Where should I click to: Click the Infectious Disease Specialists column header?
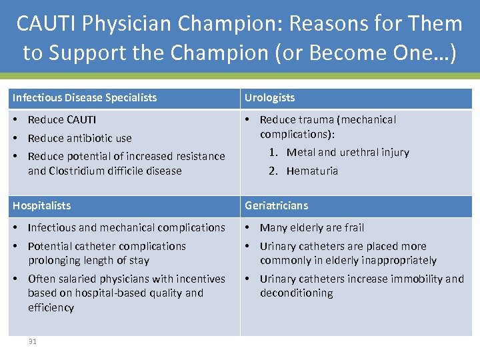tap(85, 98)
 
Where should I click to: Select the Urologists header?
tap(269, 98)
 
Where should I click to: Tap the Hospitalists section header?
tap(41, 206)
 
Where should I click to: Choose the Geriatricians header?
tap(276, 206)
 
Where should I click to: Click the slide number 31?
tap(32, 341)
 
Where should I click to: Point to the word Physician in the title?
tap(136, 24)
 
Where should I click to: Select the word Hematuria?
tap(312, 171)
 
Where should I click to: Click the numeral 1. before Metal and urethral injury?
tap(273, 153)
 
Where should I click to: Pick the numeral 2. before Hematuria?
tap(273, 171)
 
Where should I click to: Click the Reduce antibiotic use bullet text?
tap(79, 139)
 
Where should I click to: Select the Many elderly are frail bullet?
tap(312, 228)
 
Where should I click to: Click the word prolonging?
tap(56, 261)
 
